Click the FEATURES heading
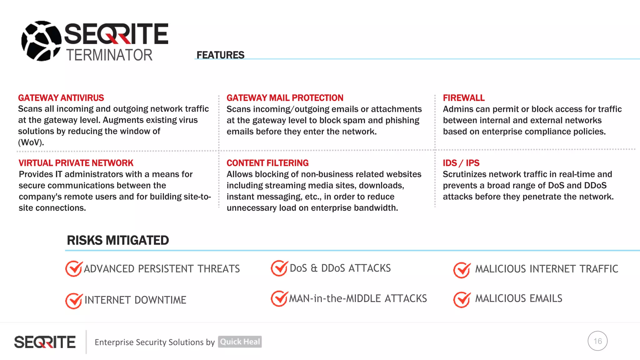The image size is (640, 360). (x=220, y=55)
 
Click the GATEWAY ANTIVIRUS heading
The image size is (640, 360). (x=61, y=98)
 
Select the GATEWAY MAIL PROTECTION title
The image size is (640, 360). (x=285, y=98)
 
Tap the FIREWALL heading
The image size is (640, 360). (x=463, y=98)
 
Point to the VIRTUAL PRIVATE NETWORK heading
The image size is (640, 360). (x=76, y=163)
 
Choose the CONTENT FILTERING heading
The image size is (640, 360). (x=267, y=163)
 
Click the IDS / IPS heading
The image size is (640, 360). (x=461, y=163)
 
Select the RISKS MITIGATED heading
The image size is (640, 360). (x=118, y=240)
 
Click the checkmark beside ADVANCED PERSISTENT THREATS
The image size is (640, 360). (x=74, y=269)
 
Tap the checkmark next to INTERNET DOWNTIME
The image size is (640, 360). (x=74, y=301)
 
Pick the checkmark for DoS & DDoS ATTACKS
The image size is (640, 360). (x=279, y=268)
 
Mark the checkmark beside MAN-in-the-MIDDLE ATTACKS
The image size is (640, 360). (x=279, y=298)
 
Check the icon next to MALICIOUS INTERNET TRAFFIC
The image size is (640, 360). (x=462, y=270)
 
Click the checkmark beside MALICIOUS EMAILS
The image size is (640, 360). (x=462, y=300)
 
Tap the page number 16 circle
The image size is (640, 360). (x=597, y=341)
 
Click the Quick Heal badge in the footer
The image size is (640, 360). (x=240, y=342)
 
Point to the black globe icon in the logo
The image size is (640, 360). (x=41, y=41)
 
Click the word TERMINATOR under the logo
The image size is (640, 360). (x=109, y=55)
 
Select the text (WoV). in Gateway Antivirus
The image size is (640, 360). (x=31, y=142)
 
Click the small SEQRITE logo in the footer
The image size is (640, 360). (x=45, y=342)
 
